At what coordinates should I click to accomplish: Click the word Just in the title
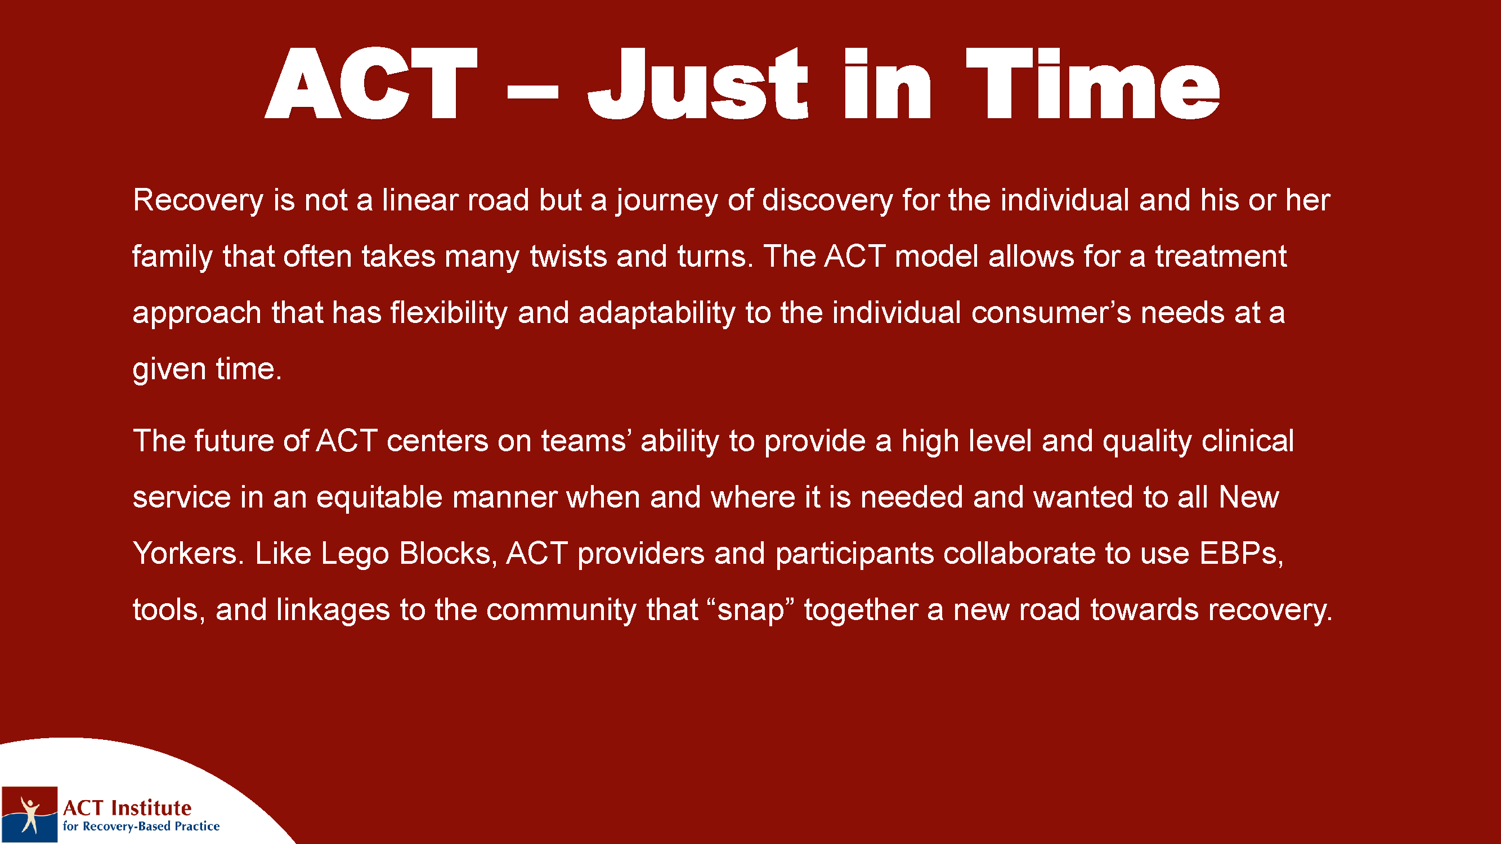(x=698, y=83)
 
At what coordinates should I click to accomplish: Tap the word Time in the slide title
(x=1092, y=83)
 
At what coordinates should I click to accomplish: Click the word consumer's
(x=1051, y=313)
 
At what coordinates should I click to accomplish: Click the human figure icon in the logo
(x=29, y=815)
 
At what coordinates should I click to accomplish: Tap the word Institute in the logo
(x=151, y=808)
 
